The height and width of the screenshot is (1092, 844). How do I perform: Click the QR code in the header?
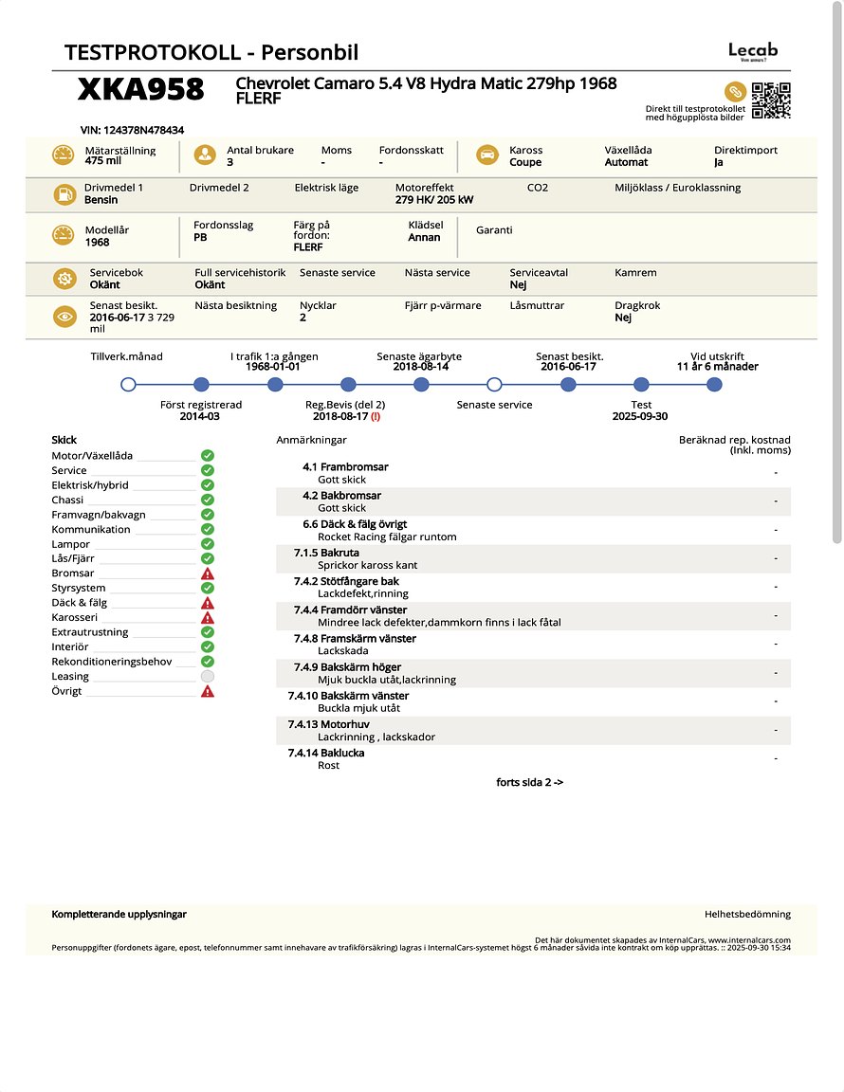tap(771, 100)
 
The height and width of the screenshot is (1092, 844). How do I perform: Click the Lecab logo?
tap(753, 51)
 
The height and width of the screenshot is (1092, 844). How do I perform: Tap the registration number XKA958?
tap(141, 89)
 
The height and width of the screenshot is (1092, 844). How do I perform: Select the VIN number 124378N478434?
tap(133, 130)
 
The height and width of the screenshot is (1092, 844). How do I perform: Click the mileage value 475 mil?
tap(103, 161)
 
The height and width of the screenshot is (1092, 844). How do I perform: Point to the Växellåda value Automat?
tap(626, 162)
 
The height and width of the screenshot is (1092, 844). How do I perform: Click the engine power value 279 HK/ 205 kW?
tap(434, 200)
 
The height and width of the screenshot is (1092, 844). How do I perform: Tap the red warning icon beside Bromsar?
tap(208, 573)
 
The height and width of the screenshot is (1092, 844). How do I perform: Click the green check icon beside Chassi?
tap(208, 500)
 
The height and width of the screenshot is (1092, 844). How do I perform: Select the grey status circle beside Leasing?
tap(208, 676)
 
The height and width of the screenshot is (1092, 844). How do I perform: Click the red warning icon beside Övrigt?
tap(208, 691)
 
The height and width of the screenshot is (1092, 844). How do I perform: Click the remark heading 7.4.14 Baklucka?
tap(326, 753)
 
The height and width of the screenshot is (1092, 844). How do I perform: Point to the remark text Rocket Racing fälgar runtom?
tap(387, 537)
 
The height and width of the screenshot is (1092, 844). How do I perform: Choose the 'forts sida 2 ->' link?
tap(530, 782)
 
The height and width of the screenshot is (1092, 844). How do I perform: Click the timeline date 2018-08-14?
tap(419, 366)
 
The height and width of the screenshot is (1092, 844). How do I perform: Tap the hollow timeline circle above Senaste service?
tap(494, 384)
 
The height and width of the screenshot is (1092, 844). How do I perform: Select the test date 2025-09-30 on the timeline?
tap(641, 416)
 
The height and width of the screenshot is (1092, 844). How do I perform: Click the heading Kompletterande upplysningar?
tap(119, 914)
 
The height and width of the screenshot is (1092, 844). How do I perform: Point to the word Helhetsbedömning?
tap(747, 914)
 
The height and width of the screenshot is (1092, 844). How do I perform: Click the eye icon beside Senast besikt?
tap(64, 318)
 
